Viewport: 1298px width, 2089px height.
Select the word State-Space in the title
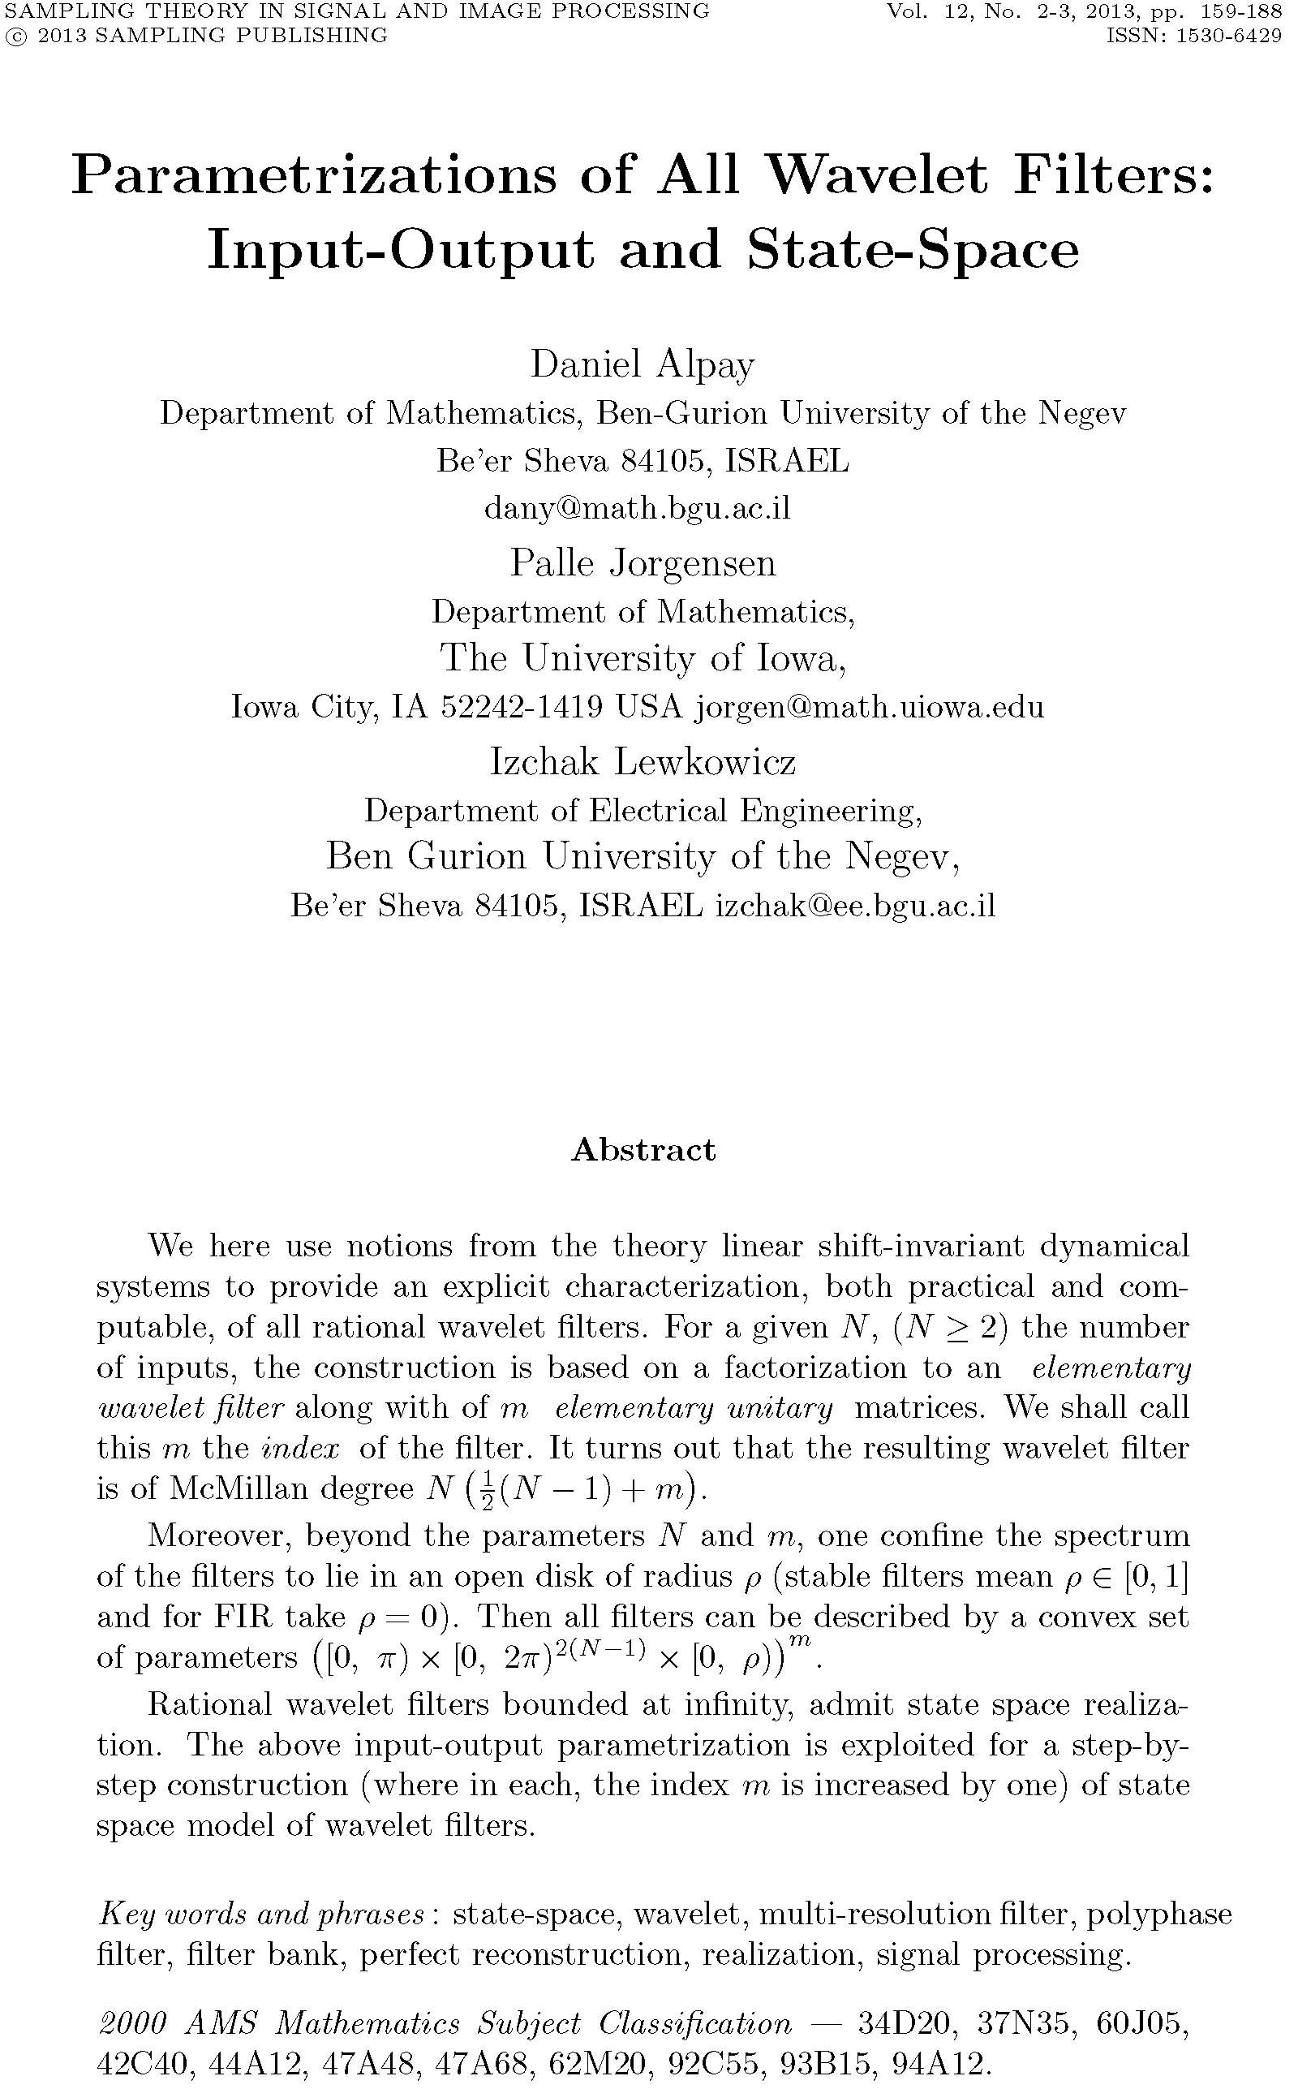[913, 251]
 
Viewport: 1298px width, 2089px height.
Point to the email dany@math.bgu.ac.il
[637, 508]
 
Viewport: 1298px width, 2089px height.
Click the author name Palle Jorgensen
[643, 563]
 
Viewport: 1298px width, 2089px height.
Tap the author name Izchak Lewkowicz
[643, 761]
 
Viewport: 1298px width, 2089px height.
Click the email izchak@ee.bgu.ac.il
[855, 906]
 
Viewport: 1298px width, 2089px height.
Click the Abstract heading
[643, 1150]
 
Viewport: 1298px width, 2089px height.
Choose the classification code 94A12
[941, 2065]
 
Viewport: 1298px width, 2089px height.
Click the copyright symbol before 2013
[14, 36]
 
